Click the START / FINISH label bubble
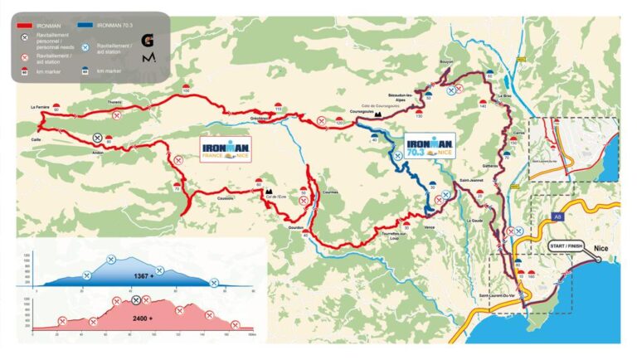click(566, 247)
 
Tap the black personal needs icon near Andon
click(98, 138)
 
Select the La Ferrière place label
click(39, 107)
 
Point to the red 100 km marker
click(186, 88)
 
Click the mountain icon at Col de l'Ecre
click(269, 190)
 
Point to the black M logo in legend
click(148, 61)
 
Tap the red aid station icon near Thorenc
click(118, 115)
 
